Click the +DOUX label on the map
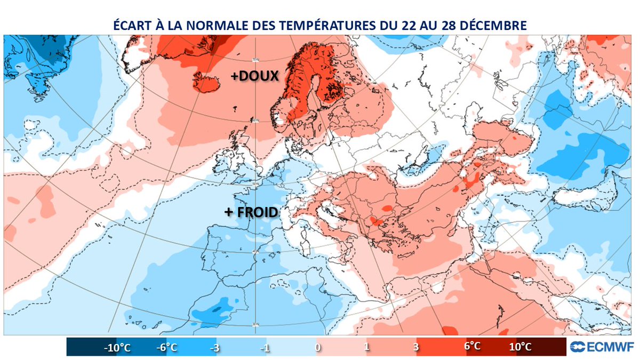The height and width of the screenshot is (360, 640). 254,77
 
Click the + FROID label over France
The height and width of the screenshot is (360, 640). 251,212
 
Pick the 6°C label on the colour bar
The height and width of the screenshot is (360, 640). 472,346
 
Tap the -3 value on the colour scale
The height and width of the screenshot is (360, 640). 215,347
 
